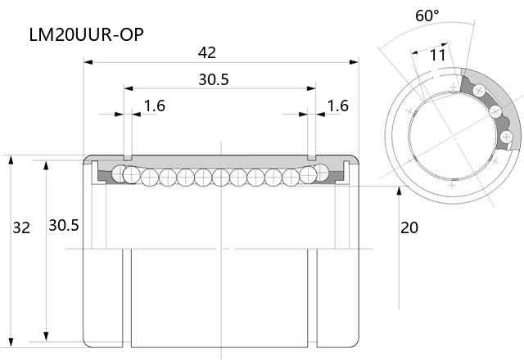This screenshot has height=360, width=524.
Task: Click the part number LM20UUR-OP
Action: coord(87,34)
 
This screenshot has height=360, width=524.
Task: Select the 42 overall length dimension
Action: coord(207,52)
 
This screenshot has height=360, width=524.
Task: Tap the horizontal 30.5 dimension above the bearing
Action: coord(214,79)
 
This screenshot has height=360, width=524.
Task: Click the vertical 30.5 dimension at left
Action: coord(64,226)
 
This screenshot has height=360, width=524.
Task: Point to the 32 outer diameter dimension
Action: coord(21,227)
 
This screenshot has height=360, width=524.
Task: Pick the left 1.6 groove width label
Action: coord(155,106)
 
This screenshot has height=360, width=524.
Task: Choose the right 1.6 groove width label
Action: coord(338,106)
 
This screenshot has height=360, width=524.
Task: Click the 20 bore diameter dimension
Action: coord(409,227)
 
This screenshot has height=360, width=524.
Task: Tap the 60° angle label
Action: coord(427,16)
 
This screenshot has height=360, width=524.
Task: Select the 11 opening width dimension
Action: coord(437,55)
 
